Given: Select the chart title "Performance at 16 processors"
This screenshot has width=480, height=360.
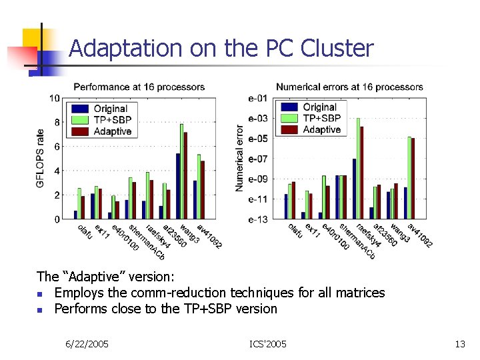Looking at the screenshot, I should pyautogui.click(x=139, y=87).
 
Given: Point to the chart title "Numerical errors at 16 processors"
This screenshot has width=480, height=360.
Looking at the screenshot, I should pyautogui.click(x=349, y=87).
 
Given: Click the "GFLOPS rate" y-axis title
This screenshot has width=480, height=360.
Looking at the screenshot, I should pyautogui.click(x=41, y=158).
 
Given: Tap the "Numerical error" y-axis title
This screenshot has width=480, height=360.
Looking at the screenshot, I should pyautogui.click(x=240, y=159).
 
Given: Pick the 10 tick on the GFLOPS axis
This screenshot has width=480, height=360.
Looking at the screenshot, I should pyautogui.click(x=56, y=98).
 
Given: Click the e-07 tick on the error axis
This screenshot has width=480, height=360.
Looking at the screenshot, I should pyautogui.click(x=258, y=159).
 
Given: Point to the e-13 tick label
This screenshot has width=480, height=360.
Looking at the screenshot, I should pyautogui.click(x=258, y=219).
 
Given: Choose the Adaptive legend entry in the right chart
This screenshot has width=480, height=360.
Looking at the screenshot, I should pyautogui.click(x=321, y=129).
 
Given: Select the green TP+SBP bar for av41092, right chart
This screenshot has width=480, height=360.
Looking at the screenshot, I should pyautogui.click(x=409, y=177).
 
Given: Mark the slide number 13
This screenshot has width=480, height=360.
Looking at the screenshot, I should pyautogui.click(x=459, y=344).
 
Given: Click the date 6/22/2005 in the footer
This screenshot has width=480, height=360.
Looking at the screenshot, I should pyautogui.click(x=87, y=344).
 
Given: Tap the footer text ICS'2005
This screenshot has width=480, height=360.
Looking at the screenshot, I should pyautogui.click(x=268, y=344).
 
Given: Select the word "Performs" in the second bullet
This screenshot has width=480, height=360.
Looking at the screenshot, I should pyautogui.click(x=78, y=309).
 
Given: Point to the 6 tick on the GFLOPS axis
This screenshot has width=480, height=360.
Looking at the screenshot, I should pyautogui.click(x=57, y=147).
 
